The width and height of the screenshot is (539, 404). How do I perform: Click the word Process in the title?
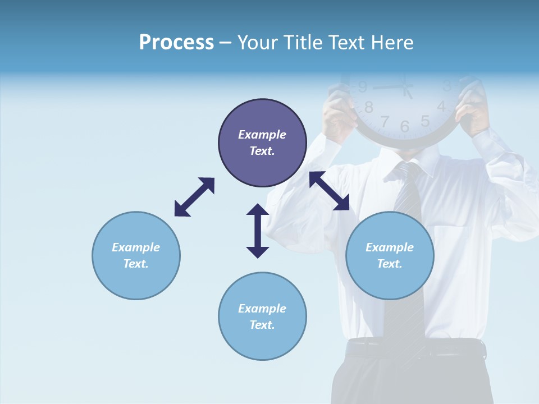pyautogui.click(x=176, y=42)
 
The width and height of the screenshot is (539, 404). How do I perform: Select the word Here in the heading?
pyautogui.click(x=391, y=42)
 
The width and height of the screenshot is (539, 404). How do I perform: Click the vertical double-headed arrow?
pyautogui.click(x=258, y=231)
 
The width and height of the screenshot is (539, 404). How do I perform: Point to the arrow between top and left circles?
pyautogui.click(x=194, y=197)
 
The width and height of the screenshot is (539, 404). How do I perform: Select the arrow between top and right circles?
pyautogui.click(x=330, y=191)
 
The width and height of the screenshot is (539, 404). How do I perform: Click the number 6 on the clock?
pyautogui.click(x=405, y=126)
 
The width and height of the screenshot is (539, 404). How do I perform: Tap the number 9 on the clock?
pyautogui.click(x=363, y=87)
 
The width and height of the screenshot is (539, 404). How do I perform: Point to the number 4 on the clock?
pyautogui.click(x=441, y=106)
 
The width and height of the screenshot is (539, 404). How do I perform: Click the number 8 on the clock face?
pyautogui.click(x=369, y=107)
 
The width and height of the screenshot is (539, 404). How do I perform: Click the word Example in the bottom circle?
pyautogui.click(x=262, y=309)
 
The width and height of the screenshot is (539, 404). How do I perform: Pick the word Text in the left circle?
pyautogui.click(x=136, y=264)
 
